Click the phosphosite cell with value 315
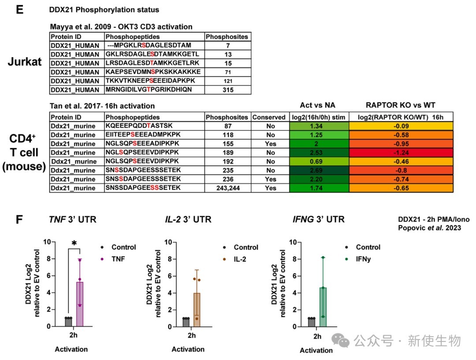(x=227, y=89)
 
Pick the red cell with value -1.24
(x=401, y=152)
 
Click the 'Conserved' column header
(x=268, y=117)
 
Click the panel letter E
(x=19, y=11)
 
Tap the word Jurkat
(x=28, y=62)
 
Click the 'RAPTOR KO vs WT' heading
(x=401, y=106)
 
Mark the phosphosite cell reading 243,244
(x=227, y=188)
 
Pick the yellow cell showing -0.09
(x=401, y=126)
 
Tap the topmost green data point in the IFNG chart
(x=323, y=257)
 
